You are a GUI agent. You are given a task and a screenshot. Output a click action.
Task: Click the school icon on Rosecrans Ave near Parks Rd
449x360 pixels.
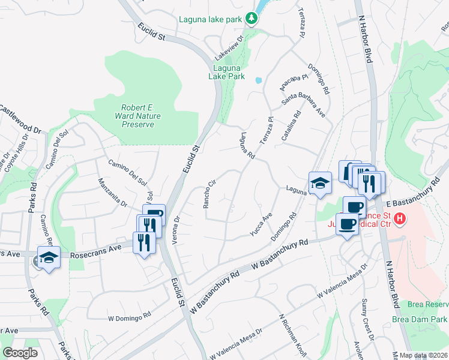point(49,257)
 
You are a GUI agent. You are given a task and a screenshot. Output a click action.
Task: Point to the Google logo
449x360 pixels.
point(20,353)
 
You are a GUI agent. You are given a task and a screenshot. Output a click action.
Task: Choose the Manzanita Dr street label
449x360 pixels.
point(113,191)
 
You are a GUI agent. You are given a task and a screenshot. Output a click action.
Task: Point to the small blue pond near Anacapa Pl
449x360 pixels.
point(258,80)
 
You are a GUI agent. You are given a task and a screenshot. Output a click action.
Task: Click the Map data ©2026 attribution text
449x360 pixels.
point(424,355)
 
